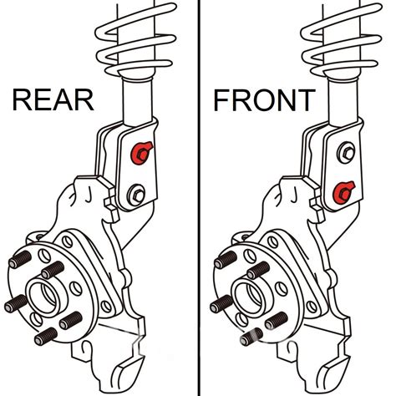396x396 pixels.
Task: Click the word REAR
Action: point(53,101)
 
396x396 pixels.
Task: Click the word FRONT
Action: point(264,101)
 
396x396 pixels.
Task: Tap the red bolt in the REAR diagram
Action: point(141,152)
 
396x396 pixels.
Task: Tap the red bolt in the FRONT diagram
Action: point(341,193)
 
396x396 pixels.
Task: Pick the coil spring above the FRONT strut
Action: point(342,38)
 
